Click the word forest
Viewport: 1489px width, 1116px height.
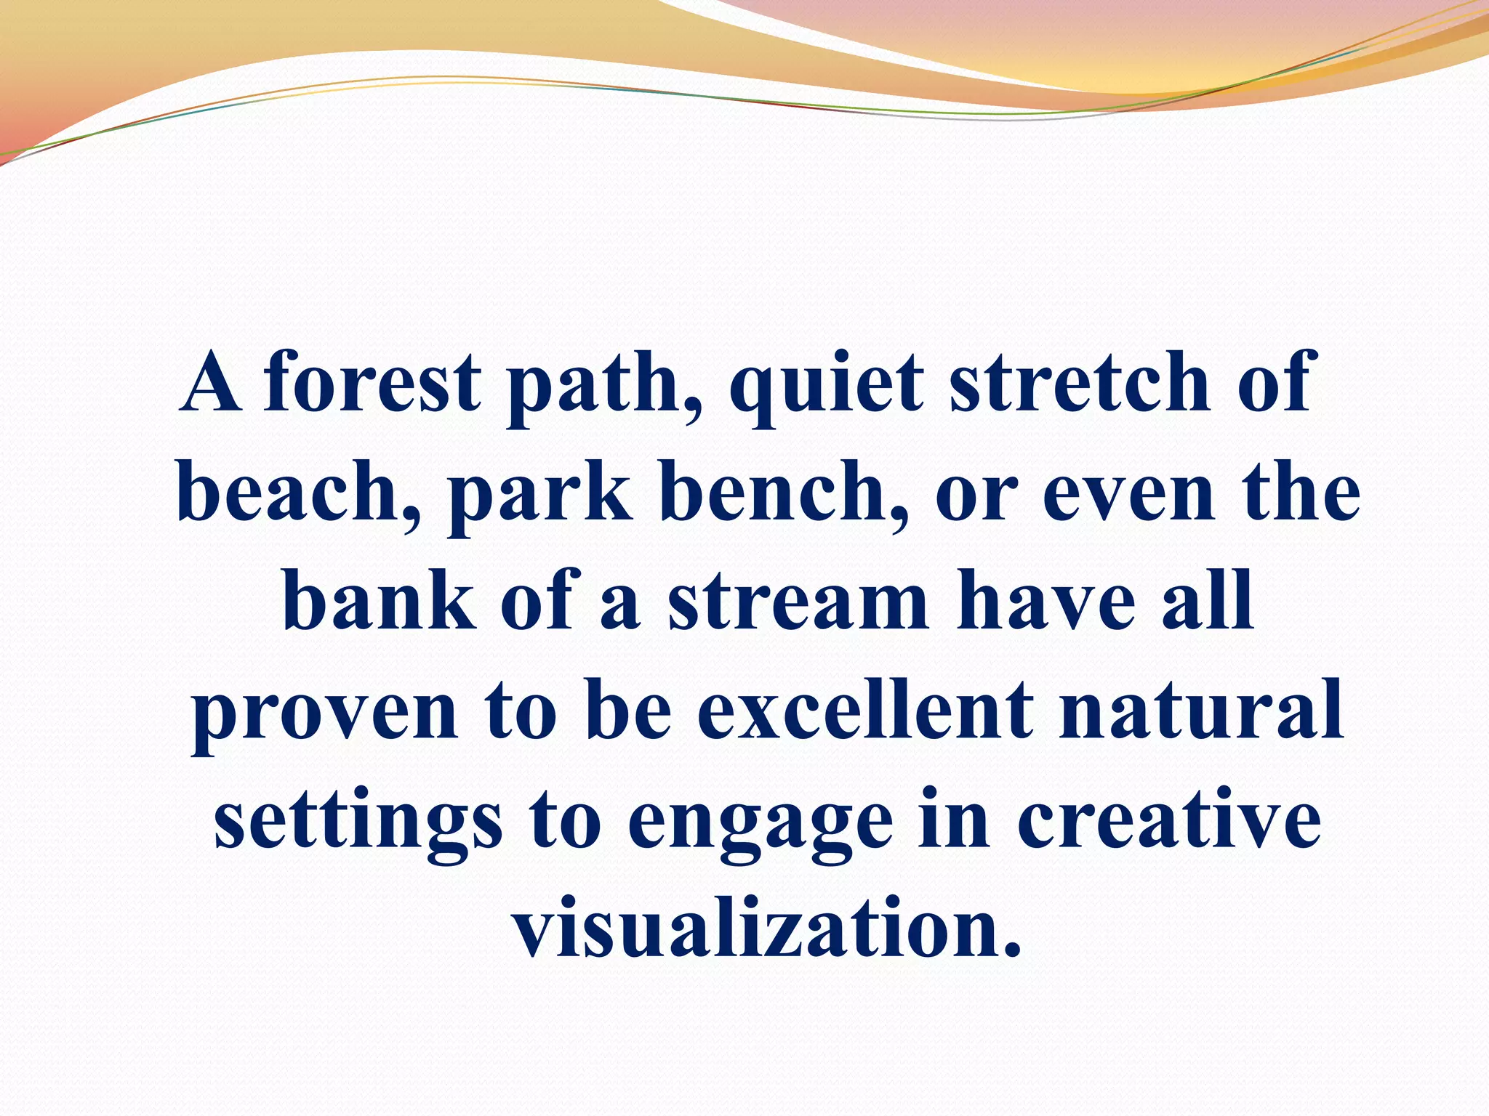coord(372,382)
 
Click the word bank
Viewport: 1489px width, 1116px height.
coord(379,601)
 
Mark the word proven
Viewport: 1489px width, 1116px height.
coord(324,713)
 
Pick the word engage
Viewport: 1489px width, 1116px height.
coord(760,825)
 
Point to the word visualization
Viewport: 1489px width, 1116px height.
coord(766,929)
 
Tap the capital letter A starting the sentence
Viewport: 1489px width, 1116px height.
coord(211,382)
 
